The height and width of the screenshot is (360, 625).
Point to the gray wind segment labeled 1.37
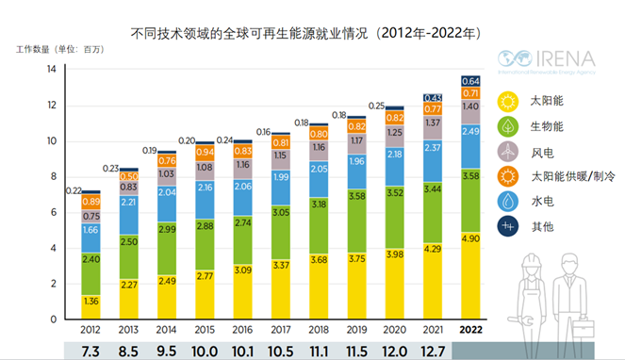(x=433, y=123)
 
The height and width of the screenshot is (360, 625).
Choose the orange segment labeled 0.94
(x=204, y=151)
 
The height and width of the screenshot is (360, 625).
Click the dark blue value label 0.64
(x=470, y=80)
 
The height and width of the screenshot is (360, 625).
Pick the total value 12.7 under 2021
(x=433, y=351)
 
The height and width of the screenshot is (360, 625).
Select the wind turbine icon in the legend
(x=509, y=150)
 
